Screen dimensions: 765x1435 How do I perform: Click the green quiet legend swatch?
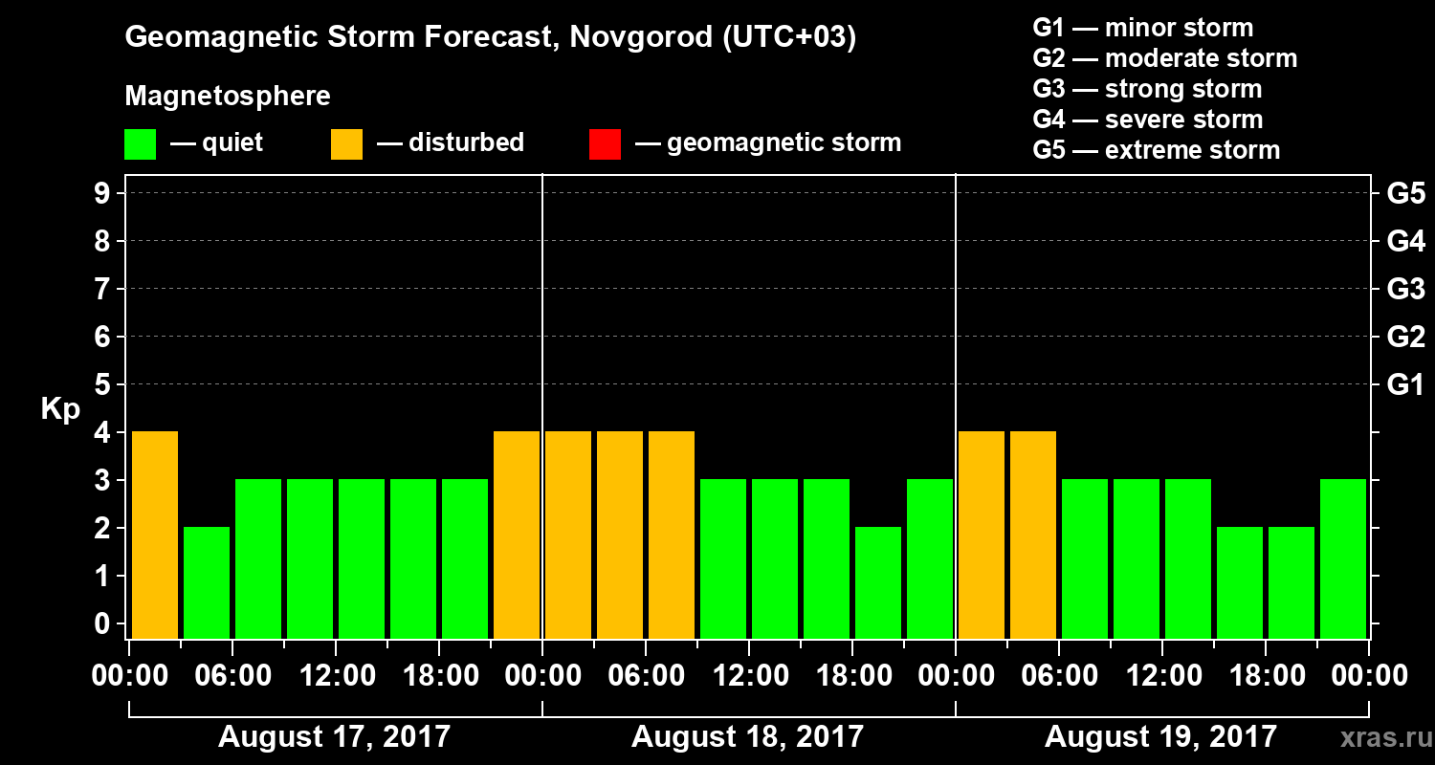[x=140, y=143]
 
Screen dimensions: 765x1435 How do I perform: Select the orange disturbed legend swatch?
[x=346, y=143]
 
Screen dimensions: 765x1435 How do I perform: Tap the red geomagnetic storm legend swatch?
[x=605, y=143]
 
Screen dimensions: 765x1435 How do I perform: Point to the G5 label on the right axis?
[x=1405, y=194]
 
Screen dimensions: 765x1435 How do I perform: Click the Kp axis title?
[x=60, y=409]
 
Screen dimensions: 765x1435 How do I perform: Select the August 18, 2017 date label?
[x=747, y=736]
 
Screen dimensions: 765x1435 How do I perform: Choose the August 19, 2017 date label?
[x=1160, y=736]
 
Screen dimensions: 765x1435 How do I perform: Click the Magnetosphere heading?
[x=228, y=97]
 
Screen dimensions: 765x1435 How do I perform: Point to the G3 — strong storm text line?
[x=1147, y=89]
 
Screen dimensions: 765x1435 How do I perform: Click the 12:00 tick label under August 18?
[x=749, y=676]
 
